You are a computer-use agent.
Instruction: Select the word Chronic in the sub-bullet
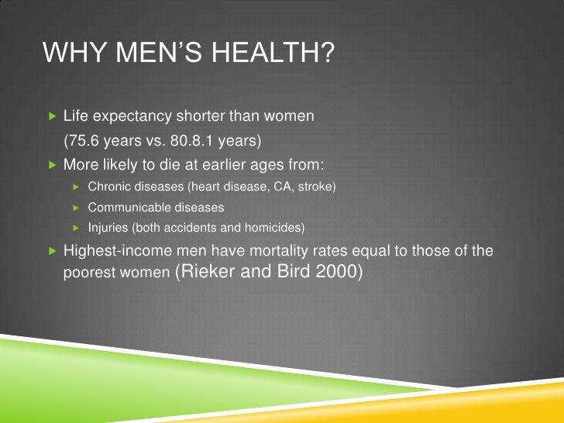108,187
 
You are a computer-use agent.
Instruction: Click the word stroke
316,187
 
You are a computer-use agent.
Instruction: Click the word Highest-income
115,252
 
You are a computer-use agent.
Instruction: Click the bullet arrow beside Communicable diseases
76,208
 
